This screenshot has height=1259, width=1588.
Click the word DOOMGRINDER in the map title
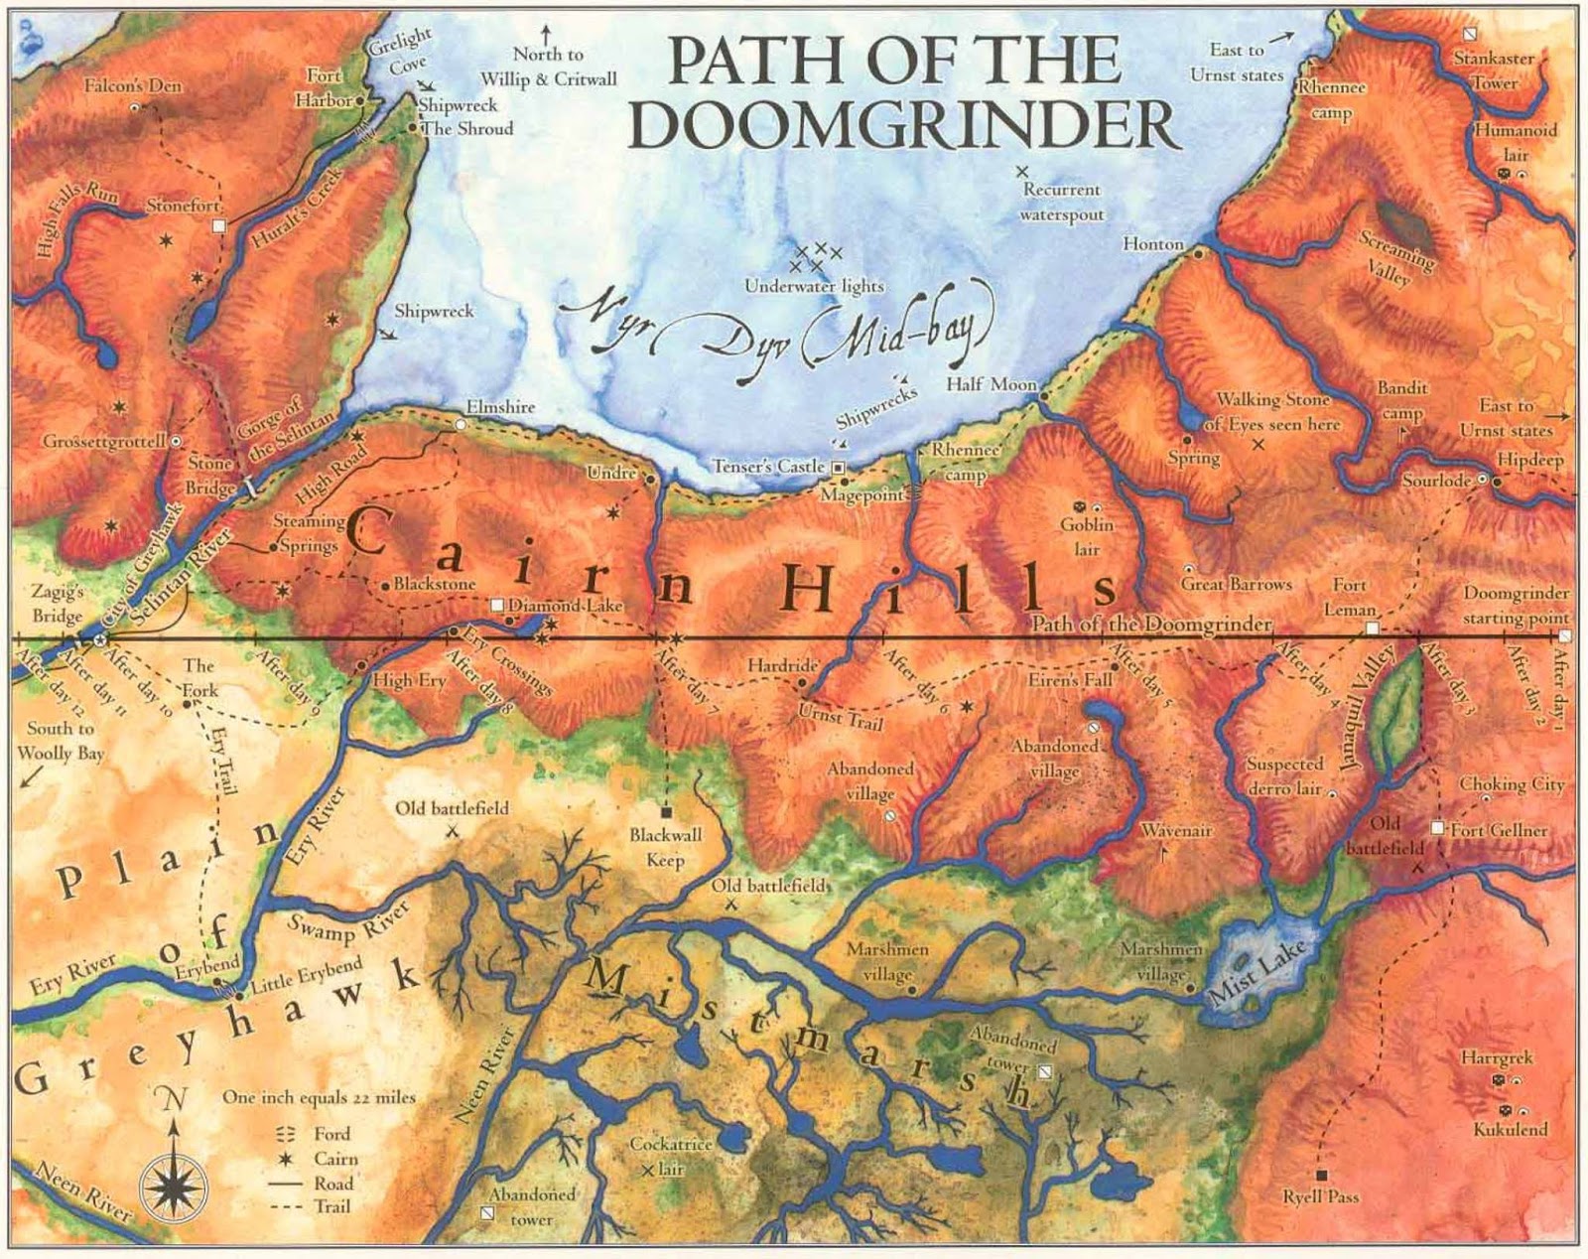(x=902, y=125)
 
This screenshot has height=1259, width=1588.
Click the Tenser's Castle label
(x=769, y=466)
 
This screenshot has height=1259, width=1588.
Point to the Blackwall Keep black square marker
(x=667, y=811)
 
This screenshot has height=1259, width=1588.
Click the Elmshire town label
(x=500, y=407)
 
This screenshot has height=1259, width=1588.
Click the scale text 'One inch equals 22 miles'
(x=319, y=1097)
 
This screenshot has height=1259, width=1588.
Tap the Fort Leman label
(x=1350, y=597)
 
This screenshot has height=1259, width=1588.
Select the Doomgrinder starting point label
(x=1516, y=605)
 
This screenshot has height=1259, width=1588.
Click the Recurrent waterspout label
(x=1062, y=202)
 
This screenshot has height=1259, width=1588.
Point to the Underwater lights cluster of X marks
(x=814, y=258)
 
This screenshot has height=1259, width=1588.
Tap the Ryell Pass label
(x=1320, y=1196)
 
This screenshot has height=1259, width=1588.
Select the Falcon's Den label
(x=133, y=86)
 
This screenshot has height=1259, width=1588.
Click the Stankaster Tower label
(x=1495, y=70)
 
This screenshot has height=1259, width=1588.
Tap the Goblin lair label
(x=1087, y=536)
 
